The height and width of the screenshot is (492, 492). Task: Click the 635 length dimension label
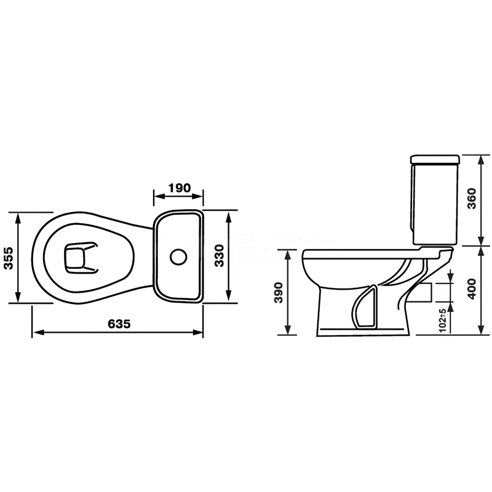(119, 323)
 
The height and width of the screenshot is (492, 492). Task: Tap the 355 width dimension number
(10, 258)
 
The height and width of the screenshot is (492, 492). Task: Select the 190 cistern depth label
(180, 188)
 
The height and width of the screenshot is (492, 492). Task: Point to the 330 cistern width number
(220, 256)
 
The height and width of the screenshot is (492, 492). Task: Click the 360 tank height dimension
(472, 199)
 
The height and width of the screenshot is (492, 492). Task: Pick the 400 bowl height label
(472, 288)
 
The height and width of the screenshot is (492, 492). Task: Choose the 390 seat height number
(279, 293)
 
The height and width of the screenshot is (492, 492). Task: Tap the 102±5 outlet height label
(442, 320)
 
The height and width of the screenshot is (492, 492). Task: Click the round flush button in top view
(178, 256)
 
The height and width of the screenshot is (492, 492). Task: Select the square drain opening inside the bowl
(74, 258)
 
